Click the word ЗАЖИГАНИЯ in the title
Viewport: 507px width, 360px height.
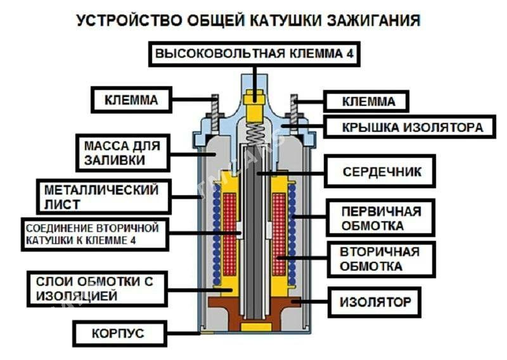[x=374, y=21]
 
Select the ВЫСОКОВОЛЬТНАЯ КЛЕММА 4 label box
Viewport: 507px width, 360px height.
[x=255, y=54]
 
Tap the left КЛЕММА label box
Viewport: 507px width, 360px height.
[x=131, y=100]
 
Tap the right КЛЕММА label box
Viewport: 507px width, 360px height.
[x=366, y=101]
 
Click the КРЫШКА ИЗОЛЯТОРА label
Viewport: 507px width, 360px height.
[x=409, y=127]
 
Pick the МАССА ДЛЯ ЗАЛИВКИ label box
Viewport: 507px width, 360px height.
[x=123, y=153]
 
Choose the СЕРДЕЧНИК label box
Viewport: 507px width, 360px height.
[x=380, y=171]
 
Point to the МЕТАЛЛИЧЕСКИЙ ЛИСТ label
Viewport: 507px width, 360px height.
[x=104, y=196]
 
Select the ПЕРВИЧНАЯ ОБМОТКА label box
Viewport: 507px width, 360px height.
[x=380, y=218]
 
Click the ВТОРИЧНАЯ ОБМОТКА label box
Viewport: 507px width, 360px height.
[x=381, y=259]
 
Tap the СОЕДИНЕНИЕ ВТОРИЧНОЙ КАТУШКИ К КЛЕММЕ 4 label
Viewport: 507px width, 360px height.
[x=95, y=234]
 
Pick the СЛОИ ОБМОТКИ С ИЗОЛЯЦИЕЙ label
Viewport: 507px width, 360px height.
[x=97, y=289]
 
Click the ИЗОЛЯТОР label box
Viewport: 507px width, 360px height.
[x=375, y=302]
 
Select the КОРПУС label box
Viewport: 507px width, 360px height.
[x=120, y=333]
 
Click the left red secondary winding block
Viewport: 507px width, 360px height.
[x=229, y=234]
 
